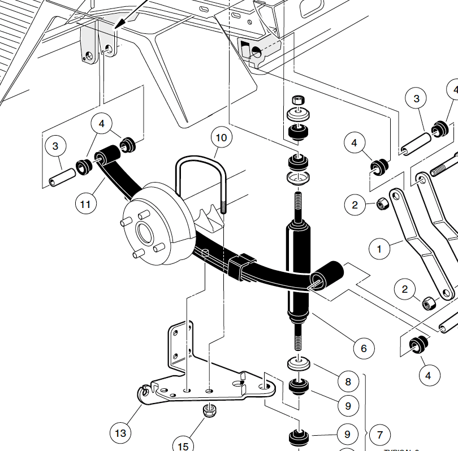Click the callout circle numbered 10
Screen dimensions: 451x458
coord(221,137)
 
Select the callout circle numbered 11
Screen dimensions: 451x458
coord(85,203)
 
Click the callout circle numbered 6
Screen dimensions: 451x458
coord(363,346)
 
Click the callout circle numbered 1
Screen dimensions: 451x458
coord(379,247)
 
